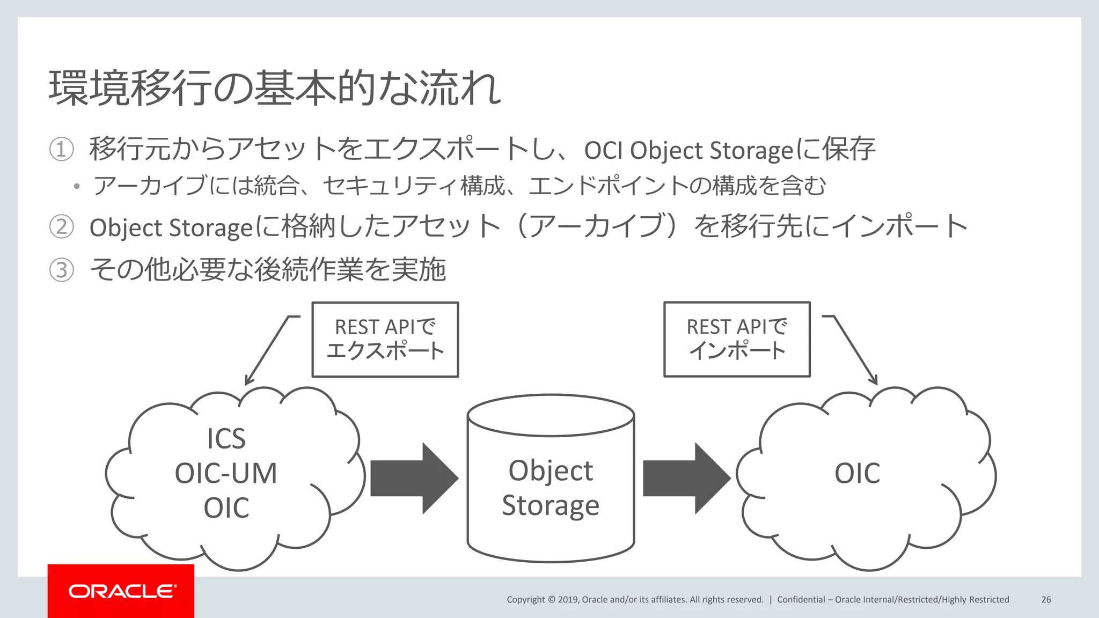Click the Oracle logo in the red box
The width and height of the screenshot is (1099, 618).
pyautogui.click(x=122, y=591)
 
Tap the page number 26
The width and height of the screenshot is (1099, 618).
pyautogui.click(x=1046, y=599)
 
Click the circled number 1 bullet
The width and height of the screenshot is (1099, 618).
pyautogui.click(x=61, y=150)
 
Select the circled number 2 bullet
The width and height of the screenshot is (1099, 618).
pyautogui.click(x=61, y=227)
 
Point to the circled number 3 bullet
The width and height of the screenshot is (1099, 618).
pyautogui.click(x=61, y=270)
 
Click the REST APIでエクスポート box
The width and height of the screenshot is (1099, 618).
pyautogui.click(x=385, y=340)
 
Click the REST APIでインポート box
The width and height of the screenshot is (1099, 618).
pyautogui.click(x=737, y=340)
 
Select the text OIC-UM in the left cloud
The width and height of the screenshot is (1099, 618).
pyautogui.click(x=226, y=473)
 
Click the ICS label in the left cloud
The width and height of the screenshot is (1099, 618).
pyautogui.click(x=226, y=439)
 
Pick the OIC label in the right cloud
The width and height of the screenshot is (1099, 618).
pyautogui.click(x=857, y=473)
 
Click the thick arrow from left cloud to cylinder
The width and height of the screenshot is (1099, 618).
pyautogui.click(x=414, y=478)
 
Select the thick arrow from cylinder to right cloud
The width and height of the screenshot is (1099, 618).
pyautogui.click(x=686, y=478)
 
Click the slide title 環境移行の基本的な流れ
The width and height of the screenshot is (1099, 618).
pyautogui.click(x=275, y=88)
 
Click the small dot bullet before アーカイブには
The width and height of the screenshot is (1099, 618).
pyautogui.click(x=77, y=187)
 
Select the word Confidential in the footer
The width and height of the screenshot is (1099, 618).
pyautogui.click(x=801, y=599)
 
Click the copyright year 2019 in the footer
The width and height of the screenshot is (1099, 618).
pyautogui.click(x=568, y=599)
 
